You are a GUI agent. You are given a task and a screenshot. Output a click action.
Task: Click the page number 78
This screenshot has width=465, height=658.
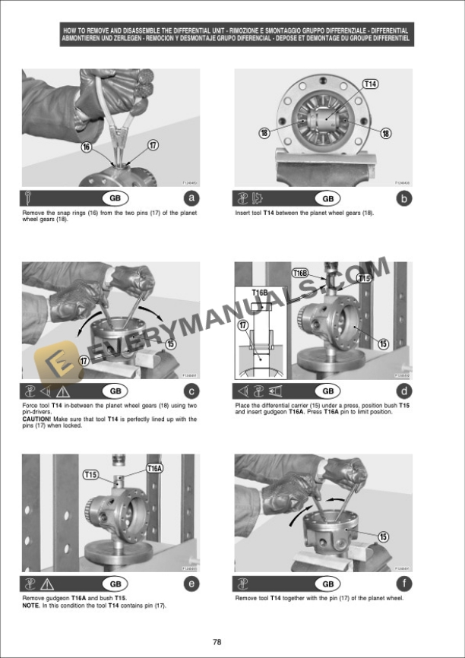[x=217, y=642]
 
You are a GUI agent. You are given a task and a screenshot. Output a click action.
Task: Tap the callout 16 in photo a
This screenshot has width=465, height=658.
[x=86, y=146]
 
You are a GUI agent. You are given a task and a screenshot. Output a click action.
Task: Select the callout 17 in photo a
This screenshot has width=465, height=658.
[x=153, y=144]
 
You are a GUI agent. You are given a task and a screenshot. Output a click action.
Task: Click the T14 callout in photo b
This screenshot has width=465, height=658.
[x=370, y=84]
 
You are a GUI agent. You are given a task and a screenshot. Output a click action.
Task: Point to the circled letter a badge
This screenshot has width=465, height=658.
[x=191, y=199]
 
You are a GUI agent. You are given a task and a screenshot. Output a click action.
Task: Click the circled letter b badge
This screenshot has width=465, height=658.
[x=404, y=199]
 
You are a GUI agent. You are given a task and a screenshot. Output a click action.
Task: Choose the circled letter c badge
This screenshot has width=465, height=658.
[x=191, y=391]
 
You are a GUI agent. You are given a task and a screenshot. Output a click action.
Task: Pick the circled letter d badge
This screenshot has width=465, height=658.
[x=404, y=391]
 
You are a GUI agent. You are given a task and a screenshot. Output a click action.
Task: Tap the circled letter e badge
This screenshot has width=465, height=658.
[x=191, y=584]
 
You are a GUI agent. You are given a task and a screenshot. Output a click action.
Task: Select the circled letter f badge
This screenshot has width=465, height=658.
[x=404, y=584]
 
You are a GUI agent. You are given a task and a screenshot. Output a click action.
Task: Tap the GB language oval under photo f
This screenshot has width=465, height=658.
[x=327, y=584]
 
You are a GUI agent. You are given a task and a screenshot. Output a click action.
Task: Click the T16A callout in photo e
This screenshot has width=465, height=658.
[x=155, y=469]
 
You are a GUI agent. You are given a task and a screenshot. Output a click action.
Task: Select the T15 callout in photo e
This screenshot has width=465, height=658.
[x=91, y=475]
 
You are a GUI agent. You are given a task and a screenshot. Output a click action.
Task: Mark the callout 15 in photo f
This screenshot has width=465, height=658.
[x=384, y=536]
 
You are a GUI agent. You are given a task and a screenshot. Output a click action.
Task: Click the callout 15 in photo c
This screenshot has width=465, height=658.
[x=171, y=343]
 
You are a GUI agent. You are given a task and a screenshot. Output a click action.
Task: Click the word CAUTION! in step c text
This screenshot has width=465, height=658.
[x=38, y=419]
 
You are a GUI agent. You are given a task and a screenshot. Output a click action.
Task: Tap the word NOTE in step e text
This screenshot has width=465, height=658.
[x=32, y=606]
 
